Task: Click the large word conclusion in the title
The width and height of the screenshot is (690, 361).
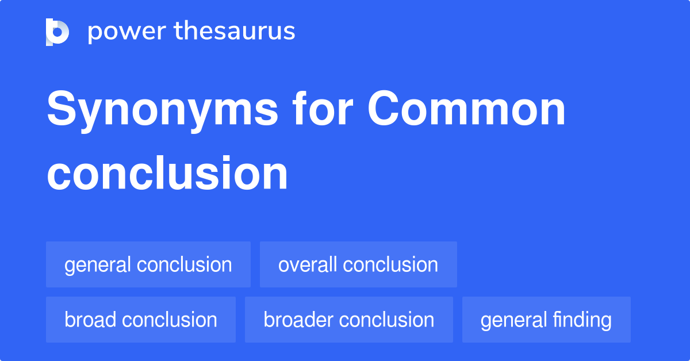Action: coord(167,174)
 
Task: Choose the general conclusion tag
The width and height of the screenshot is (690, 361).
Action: coord(148,265)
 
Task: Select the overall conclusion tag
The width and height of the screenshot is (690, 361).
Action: coord(358,265)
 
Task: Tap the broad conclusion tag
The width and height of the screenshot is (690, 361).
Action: coord(140,320)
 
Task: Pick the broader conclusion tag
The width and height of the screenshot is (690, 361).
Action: coord(348,320)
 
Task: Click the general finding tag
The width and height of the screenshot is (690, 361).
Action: coord(546,320)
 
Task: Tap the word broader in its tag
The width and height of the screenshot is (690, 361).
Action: coord(298,320)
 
